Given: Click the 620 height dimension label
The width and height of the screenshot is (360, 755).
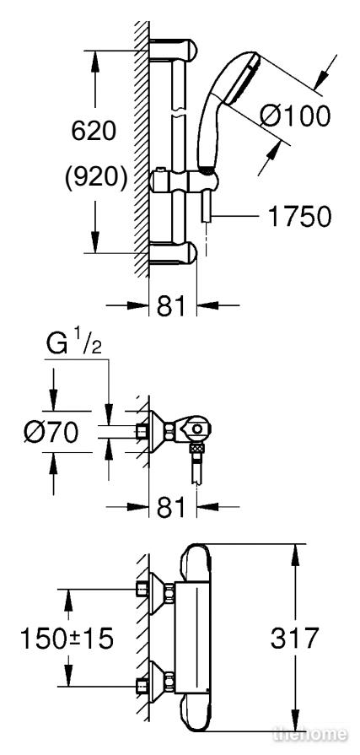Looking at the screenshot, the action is point(94,131).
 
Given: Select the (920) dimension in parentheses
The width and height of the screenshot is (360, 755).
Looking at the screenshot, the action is point(96,178).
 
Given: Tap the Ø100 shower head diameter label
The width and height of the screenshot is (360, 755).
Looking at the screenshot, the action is point(296,116).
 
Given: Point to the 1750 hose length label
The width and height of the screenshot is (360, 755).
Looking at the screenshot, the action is point(299,217).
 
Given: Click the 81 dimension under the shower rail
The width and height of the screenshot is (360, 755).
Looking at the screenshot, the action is point(171,305).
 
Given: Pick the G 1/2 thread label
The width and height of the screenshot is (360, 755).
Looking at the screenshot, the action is point(74,345).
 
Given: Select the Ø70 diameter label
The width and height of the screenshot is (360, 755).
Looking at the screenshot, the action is point(51,432).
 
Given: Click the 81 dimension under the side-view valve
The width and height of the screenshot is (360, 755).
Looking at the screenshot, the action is point(171,506).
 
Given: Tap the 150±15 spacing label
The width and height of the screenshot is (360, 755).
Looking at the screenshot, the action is point(67,638).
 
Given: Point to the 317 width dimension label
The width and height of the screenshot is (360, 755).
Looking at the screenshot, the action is point(294,638).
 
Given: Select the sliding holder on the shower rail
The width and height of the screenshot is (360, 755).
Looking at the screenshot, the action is point(185,181).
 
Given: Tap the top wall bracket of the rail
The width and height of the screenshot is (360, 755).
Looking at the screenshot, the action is point(174,49).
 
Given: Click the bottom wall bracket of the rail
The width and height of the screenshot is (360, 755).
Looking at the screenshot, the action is point(174,254).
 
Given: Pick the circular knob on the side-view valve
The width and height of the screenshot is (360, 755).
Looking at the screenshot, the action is point(197,428).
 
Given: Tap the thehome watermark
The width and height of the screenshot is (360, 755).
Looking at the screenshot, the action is point(310,734).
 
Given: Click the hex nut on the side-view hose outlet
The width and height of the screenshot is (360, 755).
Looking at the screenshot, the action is point(197,449).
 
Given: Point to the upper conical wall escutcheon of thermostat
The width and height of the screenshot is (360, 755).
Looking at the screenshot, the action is point(156,594).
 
